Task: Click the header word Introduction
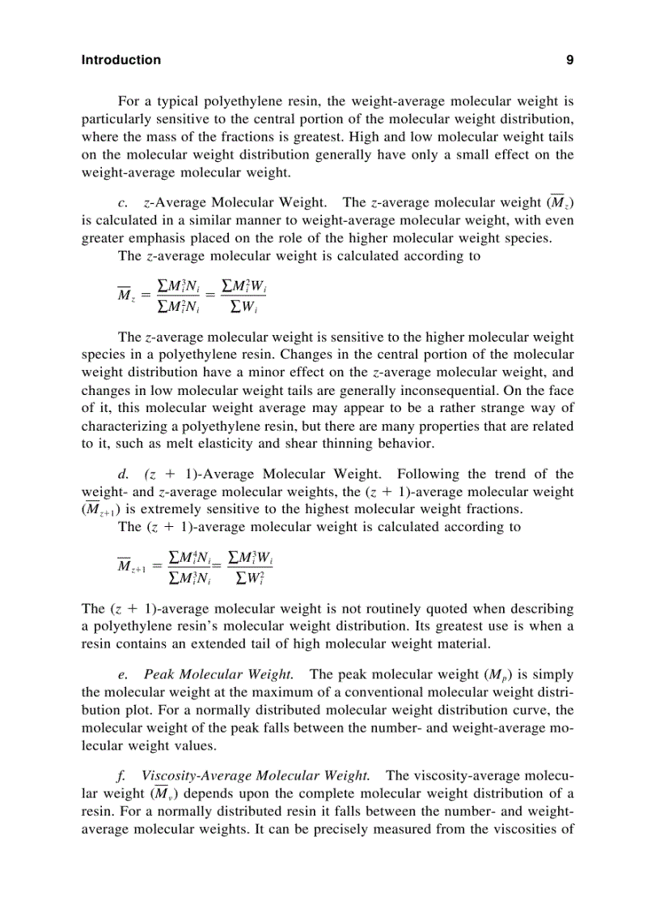121,60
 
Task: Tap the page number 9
569,60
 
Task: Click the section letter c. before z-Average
123,202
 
